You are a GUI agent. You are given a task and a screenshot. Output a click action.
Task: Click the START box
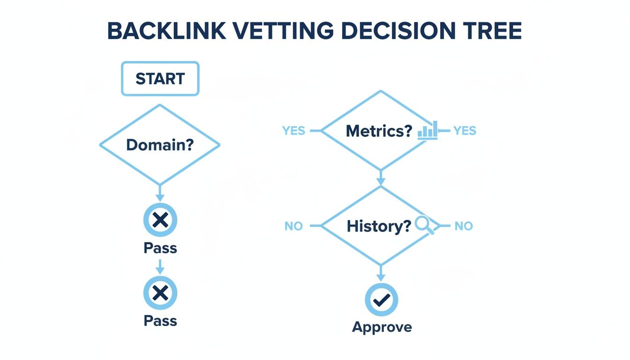pyautogui.click(x=160, y=79)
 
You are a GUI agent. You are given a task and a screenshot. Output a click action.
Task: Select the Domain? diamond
pyautogui.click(x=160, y=145)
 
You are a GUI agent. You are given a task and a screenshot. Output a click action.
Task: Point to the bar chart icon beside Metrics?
pyautogui.click(x=427, y=130)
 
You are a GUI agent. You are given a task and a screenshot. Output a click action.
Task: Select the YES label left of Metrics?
pyautogui.click(x=294, y=131)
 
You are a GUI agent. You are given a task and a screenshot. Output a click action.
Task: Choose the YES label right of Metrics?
pyautogui.click(x=465, y=131)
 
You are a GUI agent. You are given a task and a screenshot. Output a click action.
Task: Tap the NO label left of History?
pyautogui.click(x=293, y=226)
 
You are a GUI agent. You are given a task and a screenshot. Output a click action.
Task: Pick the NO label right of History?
pyautogui.click(x=464, y=226)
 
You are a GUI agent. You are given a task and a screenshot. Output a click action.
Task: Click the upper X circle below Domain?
pyautogui.click(x=160, y=220)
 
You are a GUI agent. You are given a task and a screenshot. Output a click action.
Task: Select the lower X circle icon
pyautogui.click(x=160, y=293)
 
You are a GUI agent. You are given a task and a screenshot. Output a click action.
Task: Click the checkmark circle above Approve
pyautogui.click(x=382, y=300)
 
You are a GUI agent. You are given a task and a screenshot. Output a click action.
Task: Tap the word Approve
pyautogui.click(x=382, y=327)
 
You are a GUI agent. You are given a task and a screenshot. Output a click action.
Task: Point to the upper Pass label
pyautogui.click(x=160, y=248)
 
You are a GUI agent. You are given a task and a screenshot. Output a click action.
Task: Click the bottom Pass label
pyautogui.click(x=160, y=321)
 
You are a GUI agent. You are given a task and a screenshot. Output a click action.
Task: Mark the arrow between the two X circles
pyautogui.click(x=160, y=266)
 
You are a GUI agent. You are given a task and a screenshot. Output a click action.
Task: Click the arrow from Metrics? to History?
pyautogui.click(x=381, y=177)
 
